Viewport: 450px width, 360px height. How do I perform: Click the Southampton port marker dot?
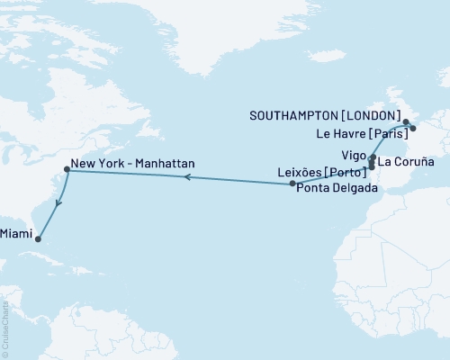(x=406, y=121)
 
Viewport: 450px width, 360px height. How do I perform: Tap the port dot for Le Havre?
(x=412, y=129)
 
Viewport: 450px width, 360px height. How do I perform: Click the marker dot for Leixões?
(x=372, y=167)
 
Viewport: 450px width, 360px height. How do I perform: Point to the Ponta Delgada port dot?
(x=292, y=184)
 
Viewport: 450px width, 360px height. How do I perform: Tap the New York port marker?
(x=67, y=169)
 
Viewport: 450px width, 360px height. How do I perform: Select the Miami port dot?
(x=38, y=238)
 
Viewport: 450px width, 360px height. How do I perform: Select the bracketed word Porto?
(x=348, y=171)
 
